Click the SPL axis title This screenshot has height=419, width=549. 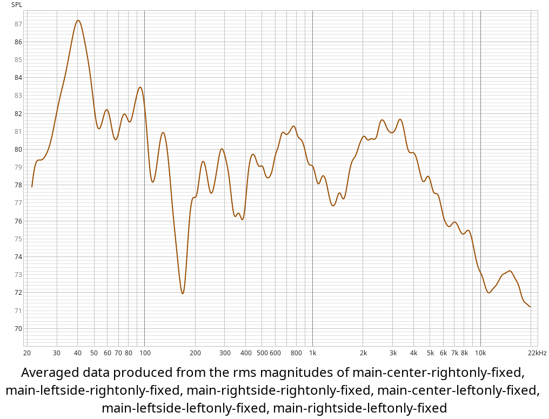tap(17, 5)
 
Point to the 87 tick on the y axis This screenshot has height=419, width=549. tap(18, 24)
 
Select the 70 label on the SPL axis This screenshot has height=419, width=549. tap(18, 328)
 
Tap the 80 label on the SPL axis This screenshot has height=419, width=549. tap(18, 149)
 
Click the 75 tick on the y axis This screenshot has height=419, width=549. tap(18, 239)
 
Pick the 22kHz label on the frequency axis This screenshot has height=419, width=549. tap(537, 353)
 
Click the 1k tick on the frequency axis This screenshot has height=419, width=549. tap(312, 353)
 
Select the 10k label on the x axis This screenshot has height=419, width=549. tap(480, 353)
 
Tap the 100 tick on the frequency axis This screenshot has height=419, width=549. tap(144, 353)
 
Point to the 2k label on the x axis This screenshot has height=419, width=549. tap(363, 353)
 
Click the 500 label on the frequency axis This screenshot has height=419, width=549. tap(262, 353)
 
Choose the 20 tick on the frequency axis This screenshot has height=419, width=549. tap(26, 353)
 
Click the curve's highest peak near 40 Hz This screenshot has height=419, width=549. tap(78, 21)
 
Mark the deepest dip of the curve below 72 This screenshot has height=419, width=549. tap(183, 294)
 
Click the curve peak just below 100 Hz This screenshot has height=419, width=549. tap(140, 87)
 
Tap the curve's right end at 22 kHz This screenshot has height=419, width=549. tap(530, 307)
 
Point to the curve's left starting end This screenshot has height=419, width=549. tap(32, 187)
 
